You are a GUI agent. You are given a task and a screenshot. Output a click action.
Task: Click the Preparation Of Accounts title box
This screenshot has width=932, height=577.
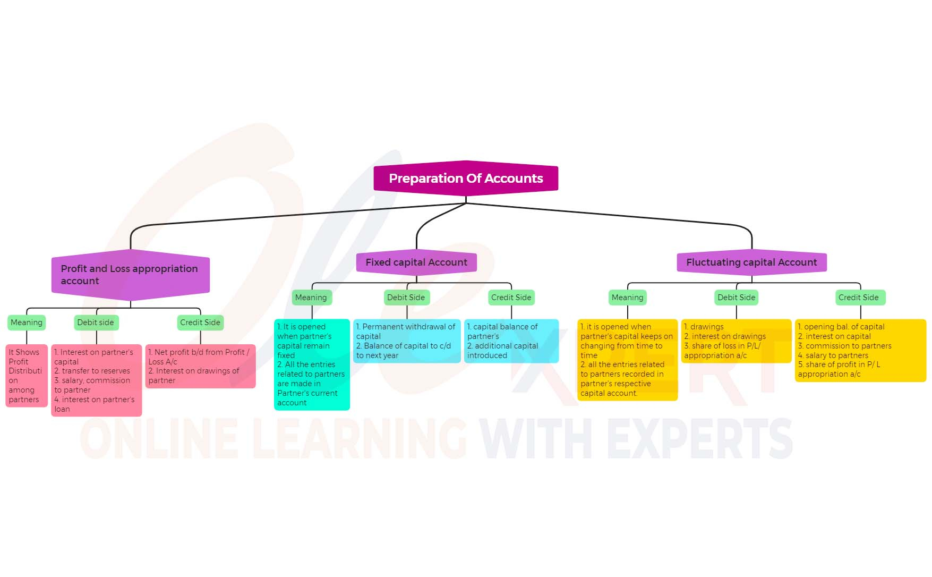click(x=466, y=179)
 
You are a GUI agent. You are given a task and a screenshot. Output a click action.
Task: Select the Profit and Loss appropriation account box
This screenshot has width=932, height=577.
click(x=130, y=275)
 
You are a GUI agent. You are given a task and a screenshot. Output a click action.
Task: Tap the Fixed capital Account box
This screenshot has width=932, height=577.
click(x=416, y=262)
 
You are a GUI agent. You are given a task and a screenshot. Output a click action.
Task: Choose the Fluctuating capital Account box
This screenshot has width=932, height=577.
click(x=751, y=262)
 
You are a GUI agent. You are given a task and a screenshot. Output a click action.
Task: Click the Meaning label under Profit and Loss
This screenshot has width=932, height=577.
click(x=27, y=323)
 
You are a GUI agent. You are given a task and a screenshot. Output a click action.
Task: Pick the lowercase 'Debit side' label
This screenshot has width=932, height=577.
click(x=96, y=323)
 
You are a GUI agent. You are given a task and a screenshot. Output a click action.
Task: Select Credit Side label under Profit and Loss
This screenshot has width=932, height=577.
click(x=200, y=323)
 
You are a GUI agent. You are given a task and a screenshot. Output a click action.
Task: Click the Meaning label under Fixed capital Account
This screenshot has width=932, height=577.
click(x=311, y=298)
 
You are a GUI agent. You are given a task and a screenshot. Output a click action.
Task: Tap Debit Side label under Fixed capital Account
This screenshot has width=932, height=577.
click(x=406, y=298)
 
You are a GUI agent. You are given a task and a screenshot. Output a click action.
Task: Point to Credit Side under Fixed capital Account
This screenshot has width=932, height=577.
click(x=511, y=298)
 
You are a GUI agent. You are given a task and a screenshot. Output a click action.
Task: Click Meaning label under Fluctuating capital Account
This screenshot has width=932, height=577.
click(x=627, y=298)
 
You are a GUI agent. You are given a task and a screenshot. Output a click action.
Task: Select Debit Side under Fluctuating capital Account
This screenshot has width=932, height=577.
click(x=736, y=298)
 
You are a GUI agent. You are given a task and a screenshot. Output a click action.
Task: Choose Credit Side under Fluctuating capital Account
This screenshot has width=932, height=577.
click(x=859, y=298)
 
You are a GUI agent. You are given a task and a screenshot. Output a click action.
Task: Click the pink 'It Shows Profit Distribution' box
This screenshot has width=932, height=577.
click(x=27, y=376)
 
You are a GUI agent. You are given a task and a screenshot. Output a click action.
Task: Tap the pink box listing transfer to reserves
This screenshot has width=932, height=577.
click(x=96, y=380)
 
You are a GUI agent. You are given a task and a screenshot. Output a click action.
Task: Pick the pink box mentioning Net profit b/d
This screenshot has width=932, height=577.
click(x=200, y=366)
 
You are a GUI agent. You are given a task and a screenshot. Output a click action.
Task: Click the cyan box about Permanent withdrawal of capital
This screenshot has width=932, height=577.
click(x=407, y=341)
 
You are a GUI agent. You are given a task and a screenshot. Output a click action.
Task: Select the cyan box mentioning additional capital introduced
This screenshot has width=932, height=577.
click(x=511, y=341)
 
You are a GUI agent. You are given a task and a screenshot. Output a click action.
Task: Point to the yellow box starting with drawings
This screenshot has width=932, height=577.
click(x=736, y=341)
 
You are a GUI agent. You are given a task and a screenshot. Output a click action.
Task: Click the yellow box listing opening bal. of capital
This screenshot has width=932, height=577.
click(x=860, y=350)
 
